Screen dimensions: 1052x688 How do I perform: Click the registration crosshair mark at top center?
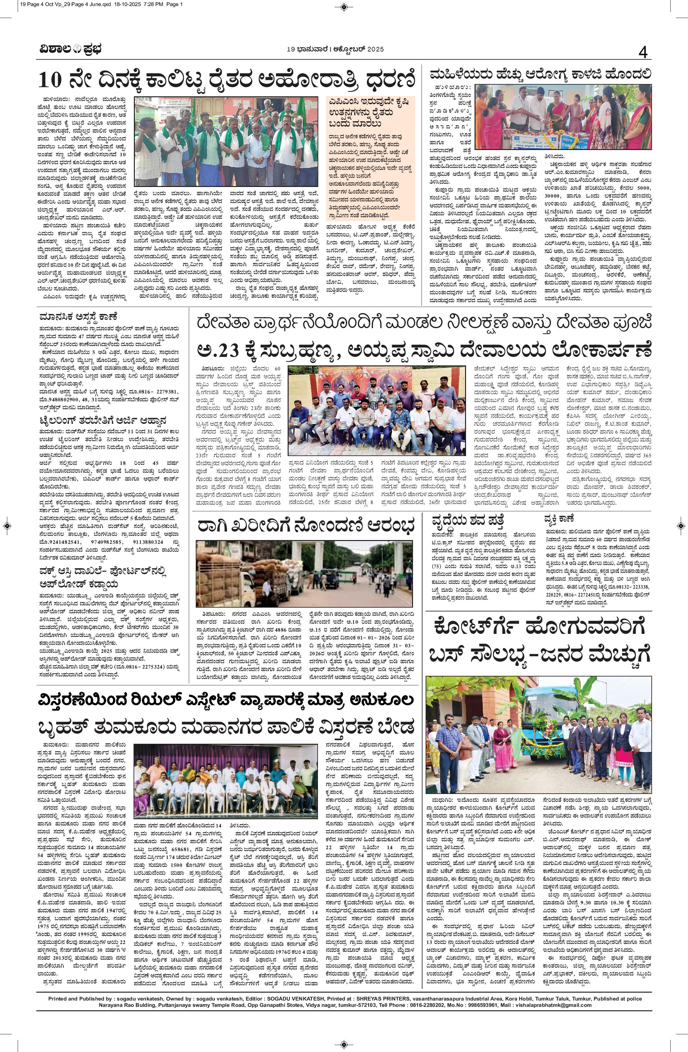coord(344,6)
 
